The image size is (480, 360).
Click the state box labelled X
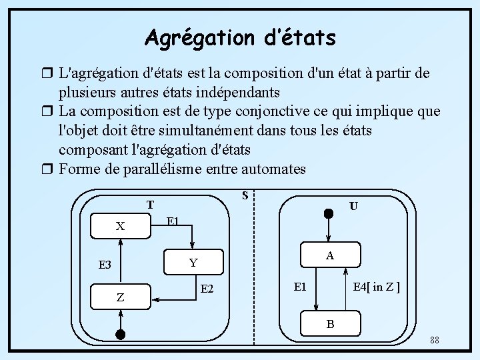[121, 226]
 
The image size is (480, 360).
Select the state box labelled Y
[193, 263]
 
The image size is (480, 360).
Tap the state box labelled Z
[121, 297]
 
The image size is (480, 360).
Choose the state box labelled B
[329, 324]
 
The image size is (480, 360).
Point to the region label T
[151, 205]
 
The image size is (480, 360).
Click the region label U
[353, 207]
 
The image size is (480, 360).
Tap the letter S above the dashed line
[245, 195]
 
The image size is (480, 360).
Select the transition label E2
[207, 289]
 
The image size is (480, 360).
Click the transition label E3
[105, 265]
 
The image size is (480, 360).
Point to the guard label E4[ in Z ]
[376, 287]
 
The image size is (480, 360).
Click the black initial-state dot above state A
[329, 214]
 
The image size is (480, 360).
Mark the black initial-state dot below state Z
[121, 334]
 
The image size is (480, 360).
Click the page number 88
[434, 341]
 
